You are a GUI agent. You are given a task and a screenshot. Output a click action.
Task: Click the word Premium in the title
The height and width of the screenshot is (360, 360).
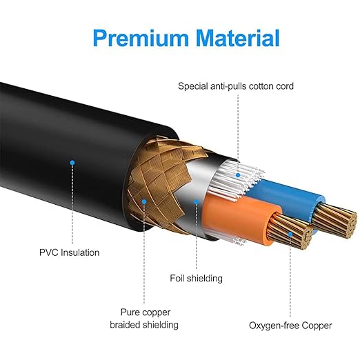coord(141,39)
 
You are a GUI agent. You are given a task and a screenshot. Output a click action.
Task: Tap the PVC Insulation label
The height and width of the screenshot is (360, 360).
coord(70,252)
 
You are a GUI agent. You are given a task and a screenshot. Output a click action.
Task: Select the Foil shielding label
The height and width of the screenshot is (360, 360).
coord(196,278)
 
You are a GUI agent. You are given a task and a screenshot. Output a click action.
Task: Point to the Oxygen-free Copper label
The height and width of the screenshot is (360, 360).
coord(290,326)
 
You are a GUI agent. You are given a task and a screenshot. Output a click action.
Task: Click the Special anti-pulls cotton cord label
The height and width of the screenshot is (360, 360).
coord(236,86)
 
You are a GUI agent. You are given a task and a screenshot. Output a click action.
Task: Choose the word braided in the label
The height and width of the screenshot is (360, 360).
coord(125,325)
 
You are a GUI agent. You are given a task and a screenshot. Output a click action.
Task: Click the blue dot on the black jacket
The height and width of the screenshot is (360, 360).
coord(72,163)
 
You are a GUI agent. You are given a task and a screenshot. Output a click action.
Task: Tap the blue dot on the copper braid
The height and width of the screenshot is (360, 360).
coord(144,202)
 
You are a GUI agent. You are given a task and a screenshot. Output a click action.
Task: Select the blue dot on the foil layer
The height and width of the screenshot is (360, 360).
coord(196,202)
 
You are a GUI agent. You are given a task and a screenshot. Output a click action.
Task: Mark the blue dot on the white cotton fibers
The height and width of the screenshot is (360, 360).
coord(238,175)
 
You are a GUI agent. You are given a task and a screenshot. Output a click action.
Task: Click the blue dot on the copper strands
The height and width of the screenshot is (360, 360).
coord(290,234)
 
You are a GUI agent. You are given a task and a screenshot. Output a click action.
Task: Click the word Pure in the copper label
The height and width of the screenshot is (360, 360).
coord(130,312)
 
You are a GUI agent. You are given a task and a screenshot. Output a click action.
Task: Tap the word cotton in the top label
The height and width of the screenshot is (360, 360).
coord(261,86)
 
